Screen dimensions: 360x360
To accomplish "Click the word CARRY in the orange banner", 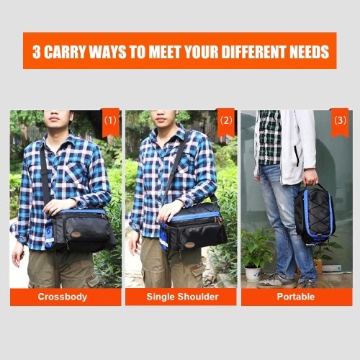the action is (x=65, y=52).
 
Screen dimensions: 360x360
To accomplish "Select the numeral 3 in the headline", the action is (x=37, y=52).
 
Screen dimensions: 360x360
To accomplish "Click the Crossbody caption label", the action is (x=63, y=297).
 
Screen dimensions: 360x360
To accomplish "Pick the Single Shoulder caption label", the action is (x=182, y=297).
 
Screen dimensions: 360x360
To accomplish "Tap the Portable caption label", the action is (x=296, y=297).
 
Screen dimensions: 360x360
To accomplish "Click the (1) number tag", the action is (x=111, y=122).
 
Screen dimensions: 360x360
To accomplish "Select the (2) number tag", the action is (x=226, y=122).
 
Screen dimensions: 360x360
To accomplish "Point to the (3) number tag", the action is (x=340, y=122).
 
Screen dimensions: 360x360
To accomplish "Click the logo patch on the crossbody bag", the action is (x=76, y=235).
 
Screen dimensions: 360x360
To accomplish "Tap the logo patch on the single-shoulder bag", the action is (x=189, y=246).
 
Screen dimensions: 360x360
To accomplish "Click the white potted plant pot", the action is (x=253, y=274).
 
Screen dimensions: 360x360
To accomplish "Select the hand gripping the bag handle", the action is (x=310, y=177).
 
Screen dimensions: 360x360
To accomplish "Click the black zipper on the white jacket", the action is (x=297, y=156).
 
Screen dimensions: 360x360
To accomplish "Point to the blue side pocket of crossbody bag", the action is (x=50, y=233).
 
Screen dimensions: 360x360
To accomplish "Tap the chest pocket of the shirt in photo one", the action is (x=76, y=172).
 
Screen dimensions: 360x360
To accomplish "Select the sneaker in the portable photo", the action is (x=276, y=282).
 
